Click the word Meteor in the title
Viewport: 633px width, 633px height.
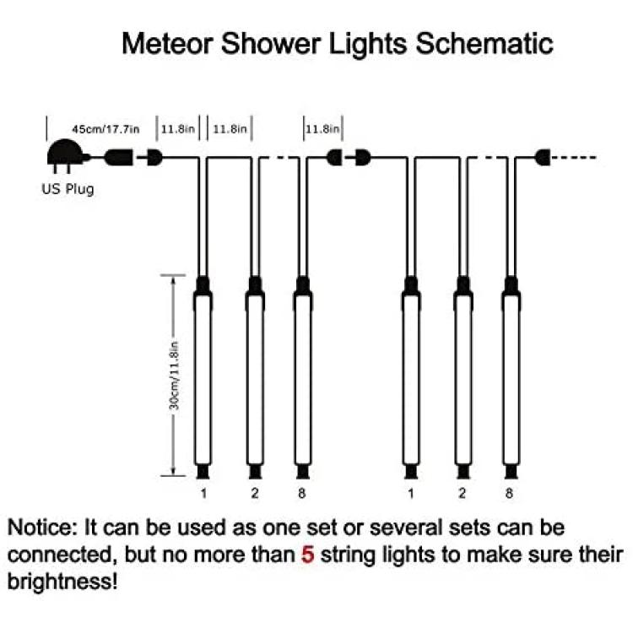pos(167,44)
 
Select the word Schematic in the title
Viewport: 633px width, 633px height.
pos(484,44)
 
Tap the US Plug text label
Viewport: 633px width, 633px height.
pos(68,189)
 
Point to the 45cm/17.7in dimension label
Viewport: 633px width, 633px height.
pos(105,129)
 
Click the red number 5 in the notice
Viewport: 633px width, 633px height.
pos(307,555)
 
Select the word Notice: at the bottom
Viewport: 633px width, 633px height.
pos(42,527)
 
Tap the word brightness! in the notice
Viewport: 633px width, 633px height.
pos(62,582)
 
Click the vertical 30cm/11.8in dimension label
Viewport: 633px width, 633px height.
pos(174,376)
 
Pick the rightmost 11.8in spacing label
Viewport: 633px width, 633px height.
pos(322,129)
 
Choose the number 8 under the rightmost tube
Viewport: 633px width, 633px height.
pos(509,493)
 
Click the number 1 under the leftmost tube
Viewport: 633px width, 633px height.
pos(203,493)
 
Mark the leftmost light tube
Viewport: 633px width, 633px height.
pos(203,377)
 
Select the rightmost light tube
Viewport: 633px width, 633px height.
pos(511,377)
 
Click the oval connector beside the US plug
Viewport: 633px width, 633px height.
pos(119,158)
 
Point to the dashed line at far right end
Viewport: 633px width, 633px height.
pos(573,158)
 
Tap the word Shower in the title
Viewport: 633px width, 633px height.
pos(271,44)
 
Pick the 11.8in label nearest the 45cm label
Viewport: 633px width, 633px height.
pos(178,129)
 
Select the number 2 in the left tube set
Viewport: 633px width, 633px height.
pos(255,493)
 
